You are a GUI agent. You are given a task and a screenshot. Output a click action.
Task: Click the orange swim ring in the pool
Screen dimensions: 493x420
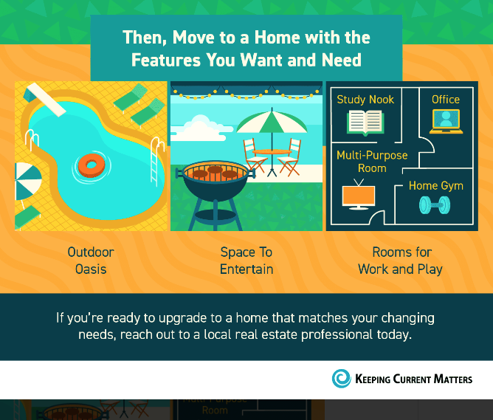coord(92,165)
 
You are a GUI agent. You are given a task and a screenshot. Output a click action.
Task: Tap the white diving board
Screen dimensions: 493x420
coord(46,99)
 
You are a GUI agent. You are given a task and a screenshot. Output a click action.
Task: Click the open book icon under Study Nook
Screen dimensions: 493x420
coord(365,123)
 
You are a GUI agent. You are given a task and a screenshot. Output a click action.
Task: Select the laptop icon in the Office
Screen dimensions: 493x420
coord(446,121)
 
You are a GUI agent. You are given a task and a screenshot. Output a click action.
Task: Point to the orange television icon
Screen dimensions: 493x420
coord(359,194)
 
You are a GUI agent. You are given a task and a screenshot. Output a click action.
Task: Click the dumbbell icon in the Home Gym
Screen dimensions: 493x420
coord(435,205)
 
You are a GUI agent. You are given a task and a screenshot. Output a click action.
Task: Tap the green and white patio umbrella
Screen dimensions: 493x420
coord(272,122)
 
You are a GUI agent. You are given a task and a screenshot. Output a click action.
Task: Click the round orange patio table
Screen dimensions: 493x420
coord(272,152)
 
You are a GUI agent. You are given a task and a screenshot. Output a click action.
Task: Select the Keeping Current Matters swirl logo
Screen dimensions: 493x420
coord(341,379)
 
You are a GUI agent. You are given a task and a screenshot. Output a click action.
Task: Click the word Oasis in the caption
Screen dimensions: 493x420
coord(91,269)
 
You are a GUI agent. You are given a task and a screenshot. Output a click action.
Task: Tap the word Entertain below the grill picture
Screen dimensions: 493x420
coord(246,269)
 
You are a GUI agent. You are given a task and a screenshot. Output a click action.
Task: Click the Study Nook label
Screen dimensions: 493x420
coord(365,100)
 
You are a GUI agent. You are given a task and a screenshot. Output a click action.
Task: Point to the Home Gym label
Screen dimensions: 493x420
coord(436,186)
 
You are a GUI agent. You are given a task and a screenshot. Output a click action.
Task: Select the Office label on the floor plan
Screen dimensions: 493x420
coord(446,100)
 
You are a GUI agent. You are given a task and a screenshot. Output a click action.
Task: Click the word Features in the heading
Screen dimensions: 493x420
coord(166,60)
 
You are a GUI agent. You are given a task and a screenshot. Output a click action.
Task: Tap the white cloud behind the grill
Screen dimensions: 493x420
coord(200,129)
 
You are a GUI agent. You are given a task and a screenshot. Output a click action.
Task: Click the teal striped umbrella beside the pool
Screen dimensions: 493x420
coord(27,181)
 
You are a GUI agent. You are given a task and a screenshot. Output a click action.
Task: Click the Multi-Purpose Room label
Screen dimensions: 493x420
coord(372,162)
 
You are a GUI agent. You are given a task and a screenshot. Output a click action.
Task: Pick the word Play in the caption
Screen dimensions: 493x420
coord(430,269)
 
